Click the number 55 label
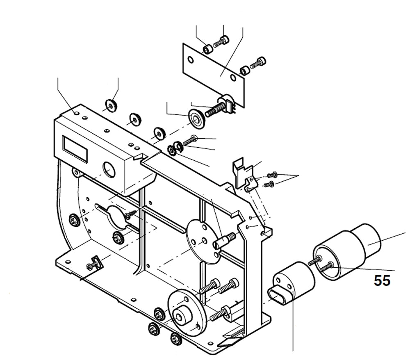pyautogui.click(x=382, y=280)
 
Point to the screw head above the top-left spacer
pyautogui.click(x=224, y=40)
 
